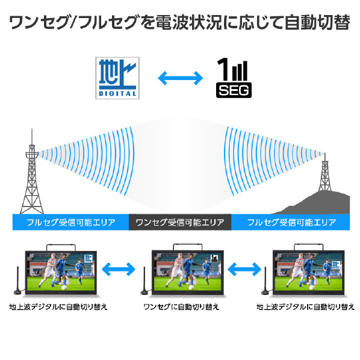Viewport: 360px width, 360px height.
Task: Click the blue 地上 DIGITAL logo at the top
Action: pyautogui.click(x=117, y=78)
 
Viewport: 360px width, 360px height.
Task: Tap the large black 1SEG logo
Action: pyautogui.click(x=234, y=78)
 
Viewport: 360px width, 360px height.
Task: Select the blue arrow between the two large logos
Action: pyautogui.click(x=181, y=78)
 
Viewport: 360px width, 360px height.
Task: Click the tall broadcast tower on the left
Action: pyautogui.click(x=32, y=175)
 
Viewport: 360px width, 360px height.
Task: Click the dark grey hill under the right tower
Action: pyautogui.click(x=321, y=203)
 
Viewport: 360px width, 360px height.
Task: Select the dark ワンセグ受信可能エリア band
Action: pyautogui.click(x=180, y=222)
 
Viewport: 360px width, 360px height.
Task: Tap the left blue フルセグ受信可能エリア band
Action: pyautogui.click(x=70, y=222)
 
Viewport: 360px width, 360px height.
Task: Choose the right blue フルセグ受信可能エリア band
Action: pyautogui.click(x=290, y=222)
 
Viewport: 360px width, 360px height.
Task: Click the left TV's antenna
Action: pyautogui.click(x=17, y=281)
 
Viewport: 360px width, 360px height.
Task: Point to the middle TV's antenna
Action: pyautogui.click(x=144, y=281)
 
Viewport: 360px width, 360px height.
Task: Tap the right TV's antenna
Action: pyautogui.click(x=265, y=281)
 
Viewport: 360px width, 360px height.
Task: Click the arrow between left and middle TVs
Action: pyautogui.click(x=119, y=269)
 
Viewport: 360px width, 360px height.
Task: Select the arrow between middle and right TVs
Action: pyautogui.click(x=244, y=269)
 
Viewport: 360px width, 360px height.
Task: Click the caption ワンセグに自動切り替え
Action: pyautogui.click(x=181, y=307)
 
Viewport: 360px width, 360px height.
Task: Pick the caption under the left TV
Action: pyautogui.click(x=58, y=307)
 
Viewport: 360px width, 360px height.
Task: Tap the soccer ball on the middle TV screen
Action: pyautogui.click(x=191, y=287)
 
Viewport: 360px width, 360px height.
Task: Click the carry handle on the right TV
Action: pyautogui.click(x=309, y=246)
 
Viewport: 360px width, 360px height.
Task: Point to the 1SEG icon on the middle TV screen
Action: pyautogui.click(x=214, y=258)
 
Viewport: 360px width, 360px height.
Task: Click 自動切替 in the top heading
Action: pyautogui.click(x=317, y=22)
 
